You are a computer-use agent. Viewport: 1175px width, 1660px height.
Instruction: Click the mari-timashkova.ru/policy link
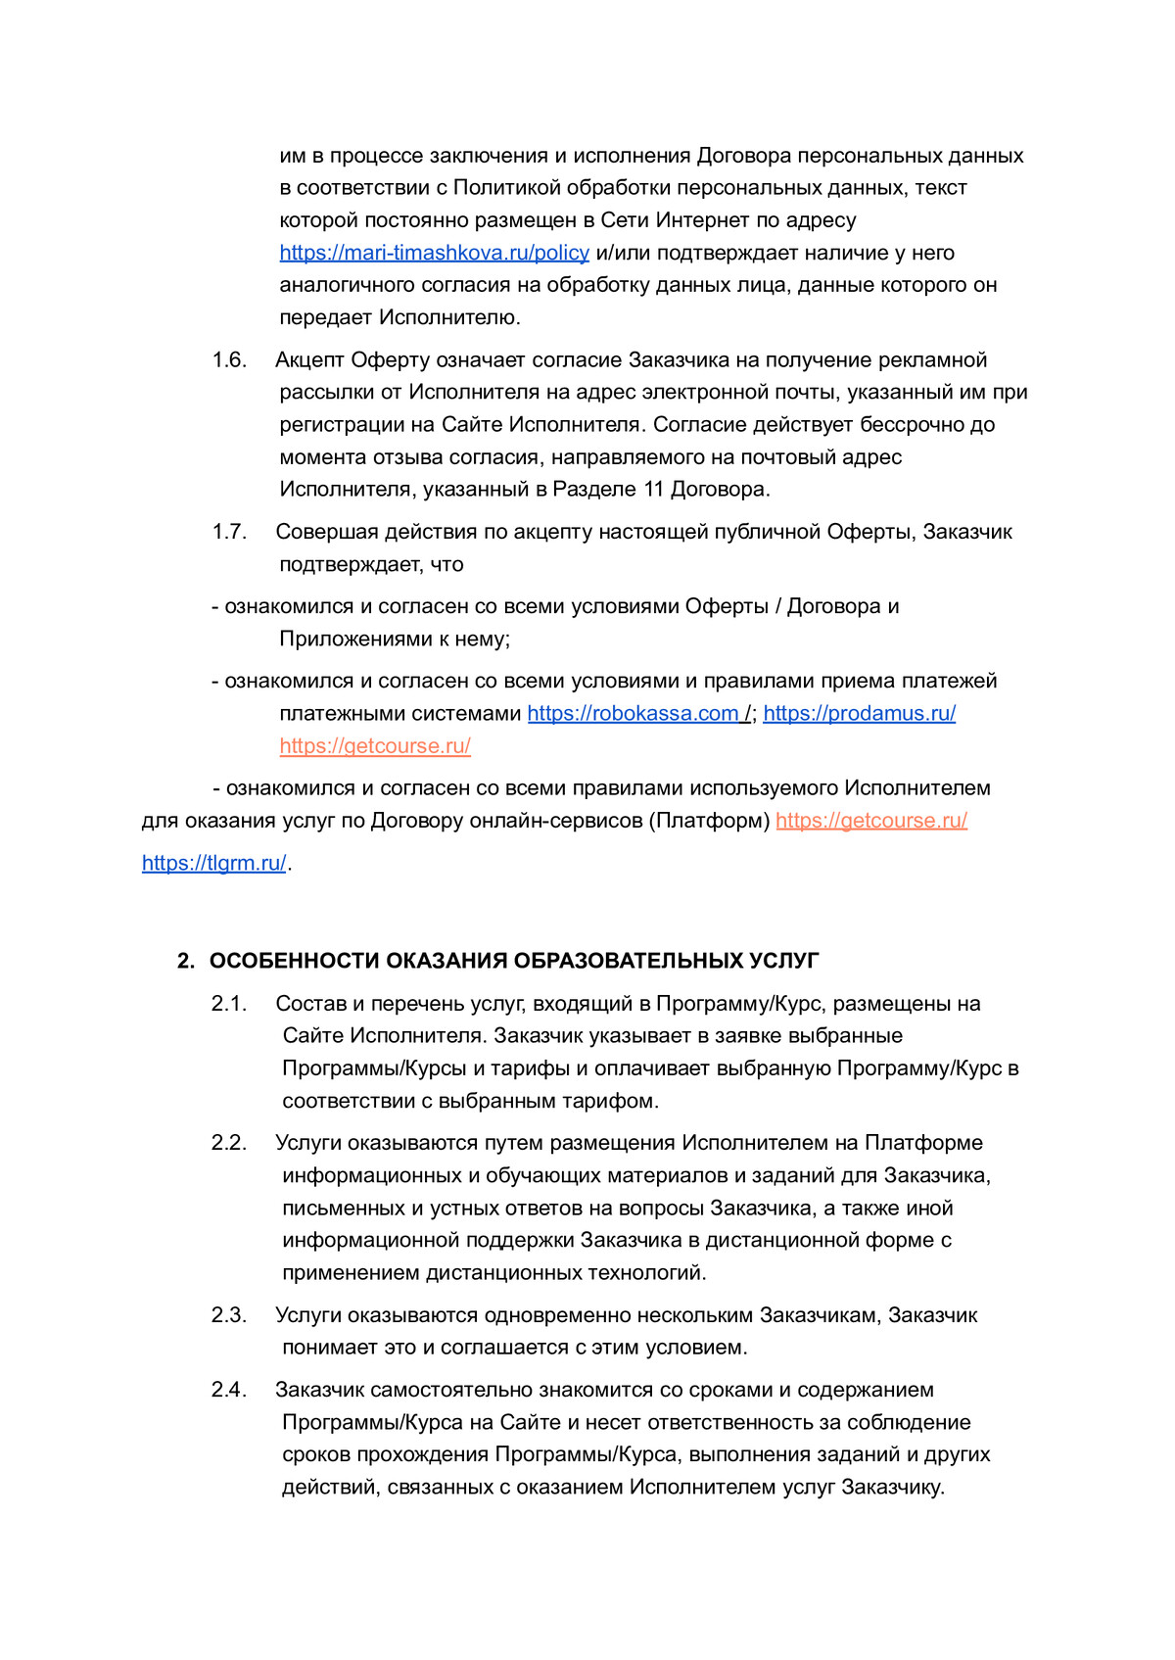[434, 253]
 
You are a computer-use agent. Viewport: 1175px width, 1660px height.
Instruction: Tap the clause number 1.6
[229, 360]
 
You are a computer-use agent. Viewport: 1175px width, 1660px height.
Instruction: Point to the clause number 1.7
[229, 532]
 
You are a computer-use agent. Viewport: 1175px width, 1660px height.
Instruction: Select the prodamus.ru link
[859, 714]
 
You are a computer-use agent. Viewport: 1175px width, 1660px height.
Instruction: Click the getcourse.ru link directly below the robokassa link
[375, 746]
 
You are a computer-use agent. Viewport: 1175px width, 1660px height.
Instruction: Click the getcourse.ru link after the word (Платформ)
[871, 821]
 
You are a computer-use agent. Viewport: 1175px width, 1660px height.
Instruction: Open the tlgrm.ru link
[213, 864]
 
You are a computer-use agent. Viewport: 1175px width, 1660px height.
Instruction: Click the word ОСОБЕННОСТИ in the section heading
[295, 961]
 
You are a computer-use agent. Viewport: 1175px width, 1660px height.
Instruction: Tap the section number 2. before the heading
[186, 961]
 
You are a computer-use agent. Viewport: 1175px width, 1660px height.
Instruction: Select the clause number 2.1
[229, 1004]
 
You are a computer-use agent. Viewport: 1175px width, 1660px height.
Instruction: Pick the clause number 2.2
[229, 1143]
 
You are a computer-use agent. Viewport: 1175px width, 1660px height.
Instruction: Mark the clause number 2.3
[229, 1315]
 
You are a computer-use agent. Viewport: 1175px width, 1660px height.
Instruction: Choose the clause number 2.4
[229, 1390]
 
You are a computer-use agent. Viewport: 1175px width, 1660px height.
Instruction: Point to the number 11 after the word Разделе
[653, 489]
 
